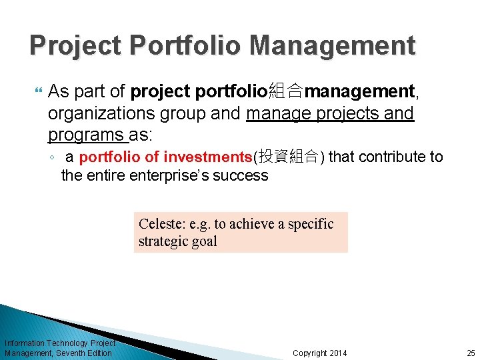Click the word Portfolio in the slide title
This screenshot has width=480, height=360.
[x=179, y=45]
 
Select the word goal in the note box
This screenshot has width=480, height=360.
[x=205, y=241]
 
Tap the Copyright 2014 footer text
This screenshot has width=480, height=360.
[x=320, y=353]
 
